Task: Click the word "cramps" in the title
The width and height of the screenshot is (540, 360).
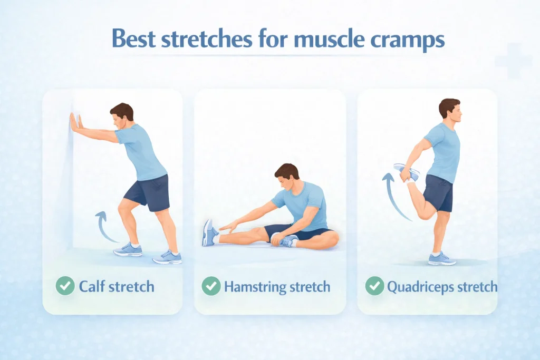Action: pyautogui.click(x=408, y=40)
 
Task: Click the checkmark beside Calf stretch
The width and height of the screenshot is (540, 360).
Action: pyautogui.click(x=65, y=286)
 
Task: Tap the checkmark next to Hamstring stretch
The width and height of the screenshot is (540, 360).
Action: pyautogui.click(x=211, y=286)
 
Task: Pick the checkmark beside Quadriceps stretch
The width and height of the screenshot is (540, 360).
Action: pyautogui.click(x=375, y=286)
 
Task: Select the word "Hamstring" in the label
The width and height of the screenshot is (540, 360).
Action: pyautogui.click(x=255, y=287)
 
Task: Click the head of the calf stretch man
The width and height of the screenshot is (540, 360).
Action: pyautogui.click(x=122, y=116)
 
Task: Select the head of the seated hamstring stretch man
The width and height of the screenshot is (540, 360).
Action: pyautogui.click(x=286, y=176)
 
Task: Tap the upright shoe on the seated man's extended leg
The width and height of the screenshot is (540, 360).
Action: pyautogui.click(x=209, y=233)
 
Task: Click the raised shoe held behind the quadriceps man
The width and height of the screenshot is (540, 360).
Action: pyautogui.click(x=407, y=171)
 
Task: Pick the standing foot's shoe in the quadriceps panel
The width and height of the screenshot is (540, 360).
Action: pyautogui.click(x=442, y=259)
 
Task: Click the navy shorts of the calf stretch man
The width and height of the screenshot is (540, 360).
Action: pyautogui.click(x=148, y=193)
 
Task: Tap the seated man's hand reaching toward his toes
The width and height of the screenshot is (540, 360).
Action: pyautogui.click(x=228, y=227)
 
